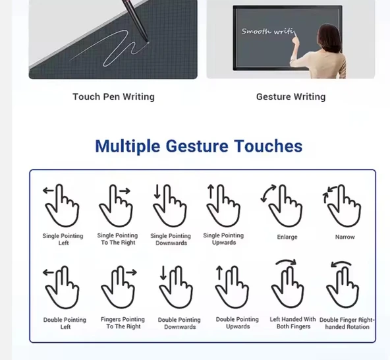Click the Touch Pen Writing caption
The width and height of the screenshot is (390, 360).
point(113,97)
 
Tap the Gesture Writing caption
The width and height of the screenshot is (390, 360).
point(291,97)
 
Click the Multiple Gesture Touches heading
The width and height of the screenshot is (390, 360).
point(198,146)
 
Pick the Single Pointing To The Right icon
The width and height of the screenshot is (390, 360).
point(116,205)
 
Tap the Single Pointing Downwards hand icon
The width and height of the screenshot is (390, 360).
point(169,205)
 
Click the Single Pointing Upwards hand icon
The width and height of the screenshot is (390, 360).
point(223,205)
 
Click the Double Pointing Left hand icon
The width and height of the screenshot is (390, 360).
point(63,287)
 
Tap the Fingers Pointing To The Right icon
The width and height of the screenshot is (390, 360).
point(119,287)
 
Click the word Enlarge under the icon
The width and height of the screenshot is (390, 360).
point(287,237)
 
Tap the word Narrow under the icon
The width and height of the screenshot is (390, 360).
point(345,237)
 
